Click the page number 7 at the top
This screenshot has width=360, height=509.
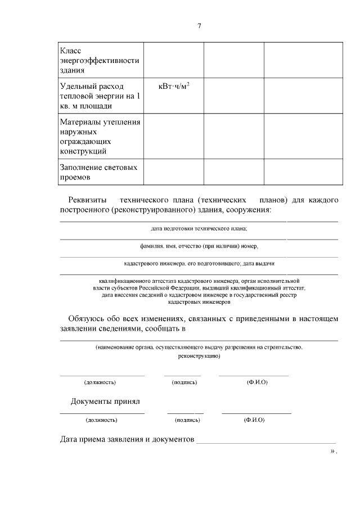click(199, 26)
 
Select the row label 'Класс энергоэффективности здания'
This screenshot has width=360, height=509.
click(99, 61)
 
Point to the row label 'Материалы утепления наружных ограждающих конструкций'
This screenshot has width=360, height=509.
click(100, 136)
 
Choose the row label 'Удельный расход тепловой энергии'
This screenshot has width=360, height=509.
click(100, 96)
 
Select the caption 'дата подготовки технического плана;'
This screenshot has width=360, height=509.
click(199, 229)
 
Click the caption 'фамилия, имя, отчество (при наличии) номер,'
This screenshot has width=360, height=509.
click(199, 246)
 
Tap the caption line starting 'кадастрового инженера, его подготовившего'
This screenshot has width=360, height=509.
click(199, 263)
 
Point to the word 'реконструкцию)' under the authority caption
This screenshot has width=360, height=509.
click(199, 356)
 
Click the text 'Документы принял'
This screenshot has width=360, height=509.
click(105, 402)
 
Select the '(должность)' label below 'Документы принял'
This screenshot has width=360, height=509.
click(101, 420)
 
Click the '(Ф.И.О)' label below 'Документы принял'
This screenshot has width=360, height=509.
click(254, 420)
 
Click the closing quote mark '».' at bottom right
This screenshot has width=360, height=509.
click(334, 451)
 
